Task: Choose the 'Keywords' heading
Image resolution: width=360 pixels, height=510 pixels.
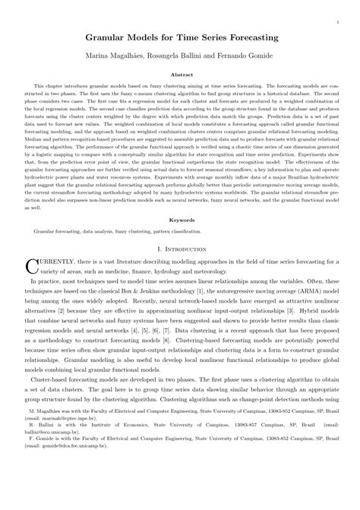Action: click(x=180, y=219)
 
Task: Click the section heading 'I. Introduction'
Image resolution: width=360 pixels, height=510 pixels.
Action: click(x=180, y=249)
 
